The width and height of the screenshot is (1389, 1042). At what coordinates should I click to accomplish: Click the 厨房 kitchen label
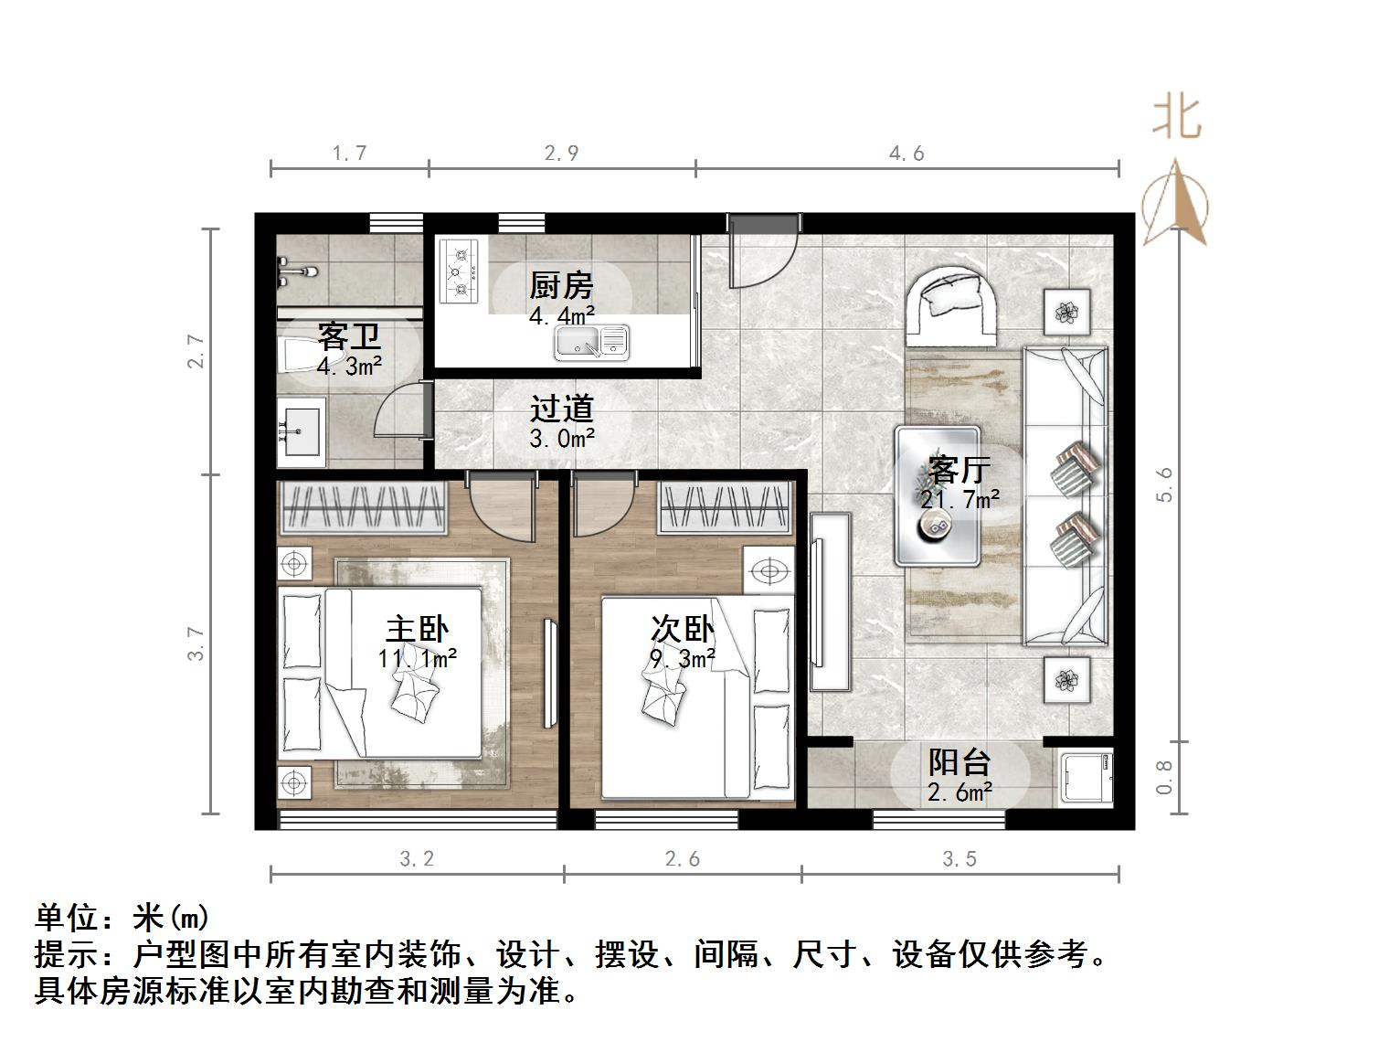tap(561, 286)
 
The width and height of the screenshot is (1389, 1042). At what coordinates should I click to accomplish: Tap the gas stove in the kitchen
tap(459, 271)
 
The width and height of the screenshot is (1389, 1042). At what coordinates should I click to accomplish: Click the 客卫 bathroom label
tap(349, 337)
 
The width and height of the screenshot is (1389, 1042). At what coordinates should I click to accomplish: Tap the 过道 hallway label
tap(562, 409)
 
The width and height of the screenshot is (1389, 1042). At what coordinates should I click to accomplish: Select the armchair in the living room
tap(950, 304)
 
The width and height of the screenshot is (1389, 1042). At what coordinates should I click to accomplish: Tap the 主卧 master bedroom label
tap(418, 630)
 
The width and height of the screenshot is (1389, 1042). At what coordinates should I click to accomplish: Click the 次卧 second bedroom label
tap(682, 629)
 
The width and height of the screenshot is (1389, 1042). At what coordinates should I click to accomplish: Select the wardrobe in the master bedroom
tap(363, 508)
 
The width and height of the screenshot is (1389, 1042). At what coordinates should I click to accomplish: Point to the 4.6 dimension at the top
tap(907, 154)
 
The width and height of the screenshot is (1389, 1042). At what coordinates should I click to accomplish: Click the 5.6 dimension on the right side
tap(1163, 484)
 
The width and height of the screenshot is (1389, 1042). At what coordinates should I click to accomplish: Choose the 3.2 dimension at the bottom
tap(417, 859)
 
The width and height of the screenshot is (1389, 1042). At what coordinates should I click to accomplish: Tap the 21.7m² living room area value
tap(960, 499)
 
